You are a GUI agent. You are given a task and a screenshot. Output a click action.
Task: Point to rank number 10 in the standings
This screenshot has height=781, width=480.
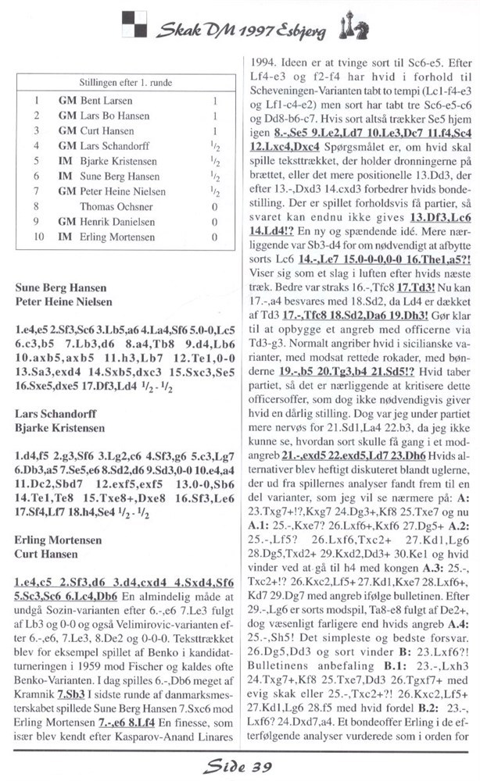coord(36,237)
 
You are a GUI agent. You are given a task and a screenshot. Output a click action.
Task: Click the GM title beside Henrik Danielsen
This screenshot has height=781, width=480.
coord(66,222)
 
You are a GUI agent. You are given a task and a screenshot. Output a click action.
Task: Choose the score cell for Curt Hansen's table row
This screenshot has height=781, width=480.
coord(213,131)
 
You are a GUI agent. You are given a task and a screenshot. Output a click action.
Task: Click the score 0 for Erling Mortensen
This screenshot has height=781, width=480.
coord(213,237)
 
